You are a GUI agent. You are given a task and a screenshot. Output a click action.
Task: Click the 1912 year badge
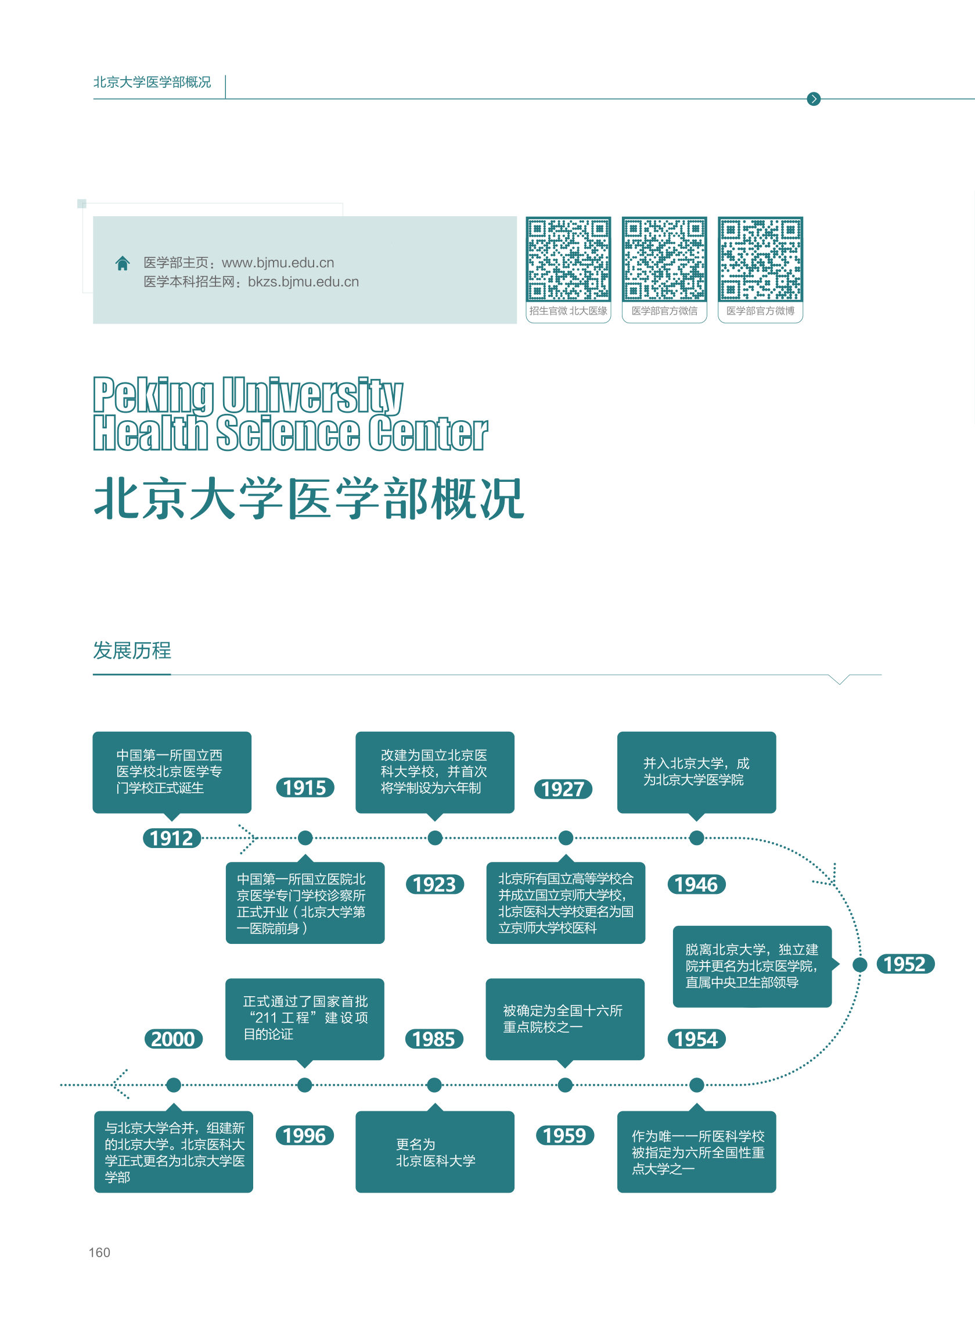tap(172, 838)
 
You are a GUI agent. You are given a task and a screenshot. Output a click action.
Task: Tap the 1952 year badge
tap(905, 964)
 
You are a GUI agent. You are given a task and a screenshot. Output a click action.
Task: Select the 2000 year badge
tap(173, 1039)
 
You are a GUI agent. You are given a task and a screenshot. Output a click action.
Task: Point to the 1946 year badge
tap(696, 884)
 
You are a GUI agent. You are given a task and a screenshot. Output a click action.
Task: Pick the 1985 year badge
tap(434, 1039)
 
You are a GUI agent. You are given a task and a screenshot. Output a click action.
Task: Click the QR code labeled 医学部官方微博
tap(760, 259)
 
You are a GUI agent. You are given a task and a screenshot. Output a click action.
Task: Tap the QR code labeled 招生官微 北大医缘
tap(568, 259)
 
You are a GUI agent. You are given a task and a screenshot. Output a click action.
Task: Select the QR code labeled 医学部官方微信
tap(664, 259)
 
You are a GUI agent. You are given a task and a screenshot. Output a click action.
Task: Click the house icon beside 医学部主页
tap(122, 263)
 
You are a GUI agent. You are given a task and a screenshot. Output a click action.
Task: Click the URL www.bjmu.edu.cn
tap(278, 263)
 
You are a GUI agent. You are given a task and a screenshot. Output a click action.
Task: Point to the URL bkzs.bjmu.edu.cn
tap(303, 282)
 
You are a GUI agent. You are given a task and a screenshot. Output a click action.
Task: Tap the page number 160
tap(99, 1253)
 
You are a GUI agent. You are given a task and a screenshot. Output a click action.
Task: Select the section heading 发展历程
tap(132, 650)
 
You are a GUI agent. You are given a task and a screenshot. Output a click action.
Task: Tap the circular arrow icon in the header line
tap(814, 99)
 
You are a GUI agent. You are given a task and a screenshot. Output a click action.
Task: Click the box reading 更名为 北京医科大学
tap(435, 1151)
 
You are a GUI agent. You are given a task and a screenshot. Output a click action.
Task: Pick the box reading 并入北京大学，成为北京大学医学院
tap(696, 772)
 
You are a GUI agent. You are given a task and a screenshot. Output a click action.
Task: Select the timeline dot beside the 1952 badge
tap(860, 964)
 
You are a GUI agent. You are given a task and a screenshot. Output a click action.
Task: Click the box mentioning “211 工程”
tap(304, 1019)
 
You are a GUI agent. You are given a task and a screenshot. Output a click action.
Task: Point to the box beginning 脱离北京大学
tap(752, 966)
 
